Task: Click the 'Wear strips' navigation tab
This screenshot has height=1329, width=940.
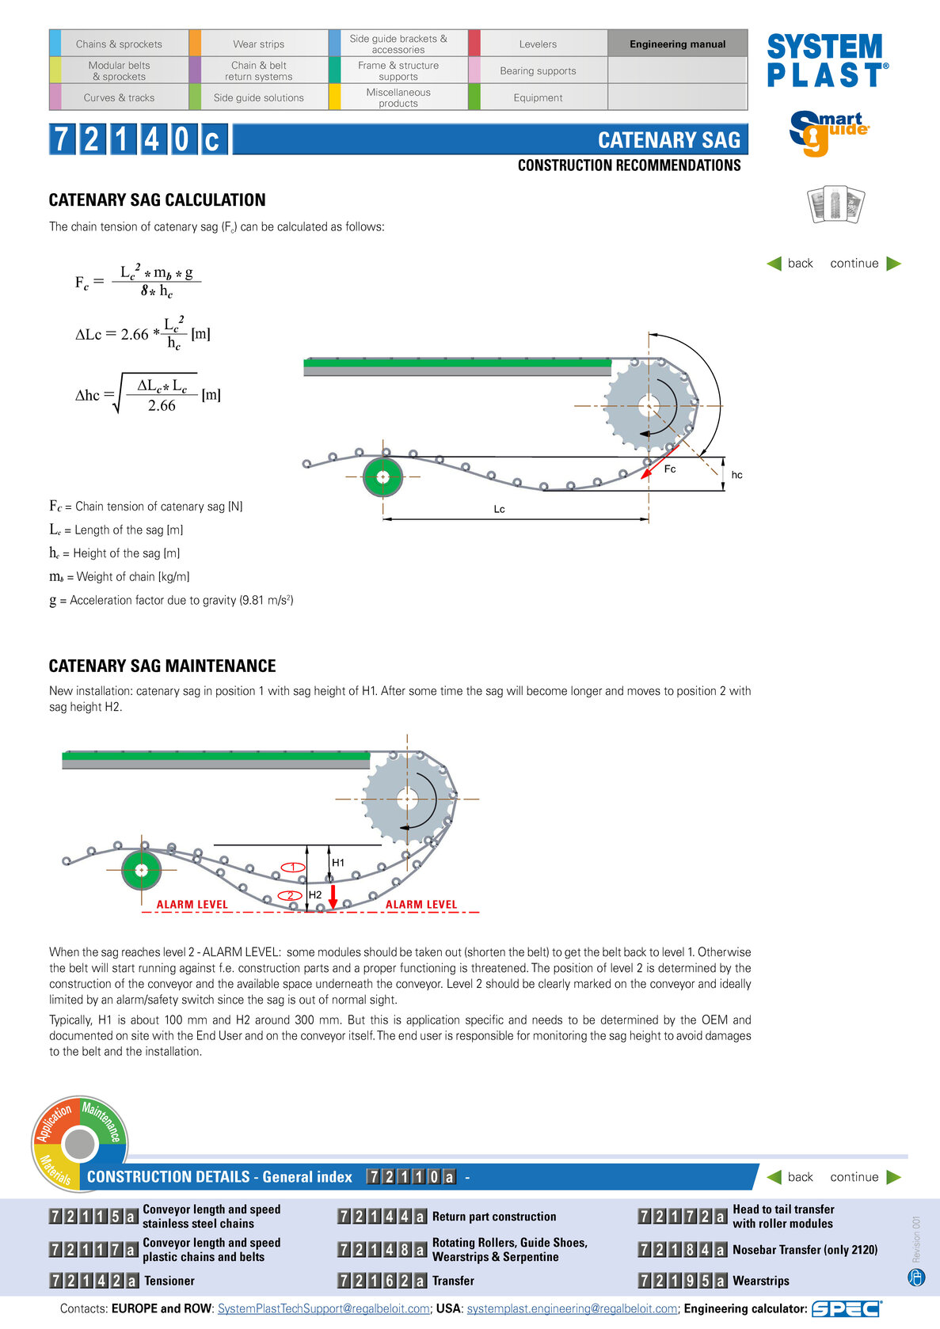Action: coord(258,44)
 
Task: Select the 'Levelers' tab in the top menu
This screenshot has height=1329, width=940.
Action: coord(538,44)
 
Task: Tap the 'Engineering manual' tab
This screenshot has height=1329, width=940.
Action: coord(677,44)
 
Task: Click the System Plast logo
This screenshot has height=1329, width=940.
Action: coord(828,60)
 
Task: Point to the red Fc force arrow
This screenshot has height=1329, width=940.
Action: coord(660,462)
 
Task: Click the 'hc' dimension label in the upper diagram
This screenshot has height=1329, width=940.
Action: coord(736,475)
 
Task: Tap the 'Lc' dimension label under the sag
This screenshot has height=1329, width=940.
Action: coord(499,509)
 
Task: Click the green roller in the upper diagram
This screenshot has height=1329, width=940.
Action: coord(382,477)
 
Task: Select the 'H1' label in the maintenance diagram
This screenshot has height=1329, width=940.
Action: coord(337,863)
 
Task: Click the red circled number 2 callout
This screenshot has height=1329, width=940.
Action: coord(290,895)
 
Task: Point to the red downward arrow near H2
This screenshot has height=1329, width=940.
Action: coord(333,897)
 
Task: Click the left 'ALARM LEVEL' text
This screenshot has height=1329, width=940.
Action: coord(192,904)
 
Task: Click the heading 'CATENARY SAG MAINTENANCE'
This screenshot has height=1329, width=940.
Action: coord(162,666)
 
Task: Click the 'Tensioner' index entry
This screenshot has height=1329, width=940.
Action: coord(169,1281)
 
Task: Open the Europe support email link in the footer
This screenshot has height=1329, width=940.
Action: coord(323,1308)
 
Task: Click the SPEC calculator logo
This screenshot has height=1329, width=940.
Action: coord(847,1308)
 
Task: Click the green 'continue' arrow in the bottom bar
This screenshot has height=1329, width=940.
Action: coord(894,1177)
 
